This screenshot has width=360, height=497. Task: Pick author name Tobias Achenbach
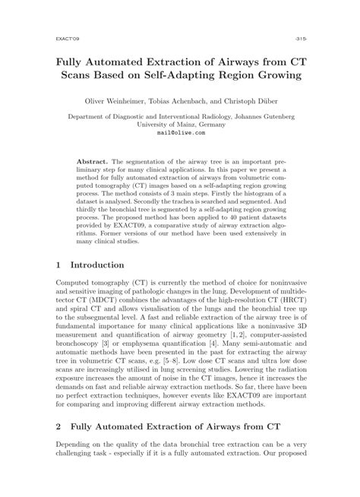196,102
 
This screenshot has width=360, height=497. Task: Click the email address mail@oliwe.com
180,131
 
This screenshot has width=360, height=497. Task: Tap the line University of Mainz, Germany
180,124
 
